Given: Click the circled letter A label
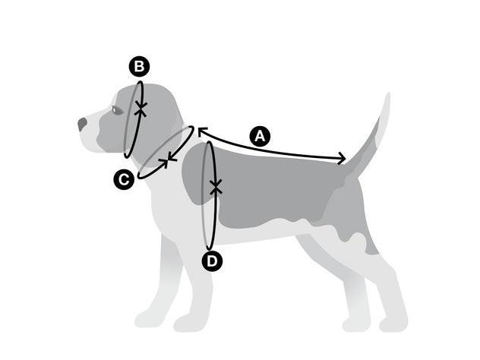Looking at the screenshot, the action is click(260, 136).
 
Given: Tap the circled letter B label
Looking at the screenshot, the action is click(139, 66).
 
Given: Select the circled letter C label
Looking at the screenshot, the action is click(124, 179).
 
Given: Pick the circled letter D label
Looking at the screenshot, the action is click(212, 261).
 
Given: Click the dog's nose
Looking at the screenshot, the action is click(82, 124).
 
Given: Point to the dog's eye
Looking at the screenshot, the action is click(115, 109).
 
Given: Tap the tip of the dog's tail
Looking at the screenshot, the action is click(388, 94).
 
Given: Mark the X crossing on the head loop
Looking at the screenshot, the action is click(141, 109).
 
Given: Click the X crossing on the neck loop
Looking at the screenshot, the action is click(168, 160).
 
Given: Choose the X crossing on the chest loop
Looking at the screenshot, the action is click(216, 186).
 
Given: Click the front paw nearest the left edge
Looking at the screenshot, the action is click(147, 319).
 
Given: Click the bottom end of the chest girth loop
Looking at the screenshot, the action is click(210, 248).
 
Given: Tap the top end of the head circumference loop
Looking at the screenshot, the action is click(140, 83).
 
